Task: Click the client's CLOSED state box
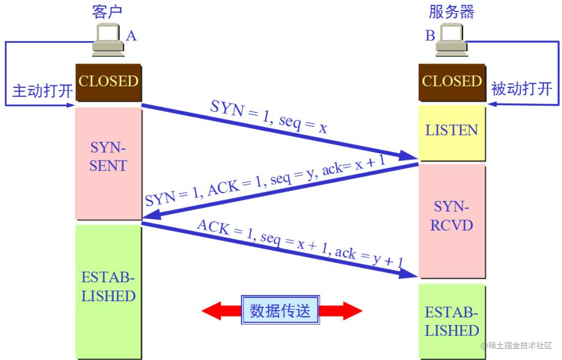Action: (108, 82)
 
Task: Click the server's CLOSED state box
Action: (452, 82)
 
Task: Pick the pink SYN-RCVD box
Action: (452, 217)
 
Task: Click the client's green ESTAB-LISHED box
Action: (108, 287)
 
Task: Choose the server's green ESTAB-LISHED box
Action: (452, 321)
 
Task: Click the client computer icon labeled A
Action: (108, 41)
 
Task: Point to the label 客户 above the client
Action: (107, 12)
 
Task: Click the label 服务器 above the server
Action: (452, 12)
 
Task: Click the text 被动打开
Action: (521, 89)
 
